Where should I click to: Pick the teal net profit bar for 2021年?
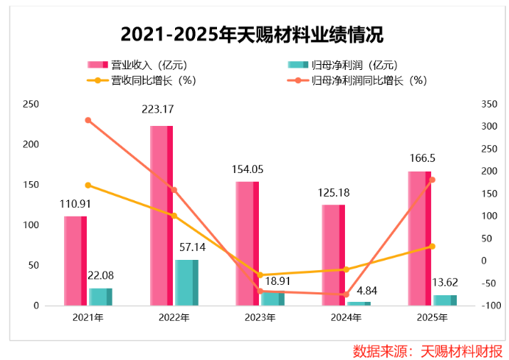[x=100, y=296]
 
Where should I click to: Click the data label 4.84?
[x=358, y=286]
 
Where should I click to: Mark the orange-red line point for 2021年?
[x=88, y=120]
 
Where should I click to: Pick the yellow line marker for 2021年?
[x=88, y=185]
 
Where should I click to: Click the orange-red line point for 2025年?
[x=433, y=180]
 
